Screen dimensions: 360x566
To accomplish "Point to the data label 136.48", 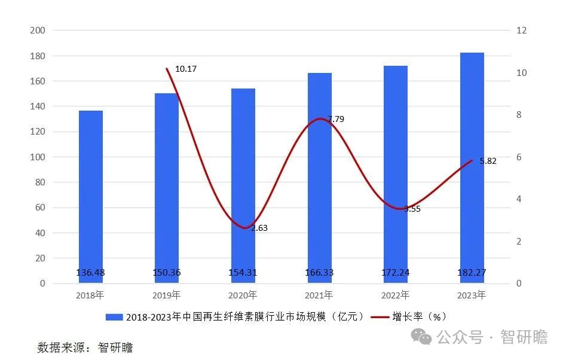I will (x=91, y=273).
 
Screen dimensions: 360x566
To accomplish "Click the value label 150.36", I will (x=167, y=273).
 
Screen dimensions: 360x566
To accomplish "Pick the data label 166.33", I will (x=319, y=273).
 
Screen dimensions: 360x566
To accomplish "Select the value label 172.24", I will (x=396, y=273).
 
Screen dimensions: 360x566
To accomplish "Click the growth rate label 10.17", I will (x=185, y=69).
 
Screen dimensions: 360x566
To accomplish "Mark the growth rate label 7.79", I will (x=335, y=119).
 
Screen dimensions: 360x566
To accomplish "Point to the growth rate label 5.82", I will (x=488, y=161).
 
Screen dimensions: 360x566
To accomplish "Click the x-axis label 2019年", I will (x=167, y=295).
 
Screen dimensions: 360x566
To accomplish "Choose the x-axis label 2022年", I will (x=396, y=295).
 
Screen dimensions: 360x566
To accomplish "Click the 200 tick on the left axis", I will (x=38, y=30).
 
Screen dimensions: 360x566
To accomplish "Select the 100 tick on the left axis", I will (x=38, y=157).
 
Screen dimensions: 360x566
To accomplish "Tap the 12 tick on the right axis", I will (x=522, y=30).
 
